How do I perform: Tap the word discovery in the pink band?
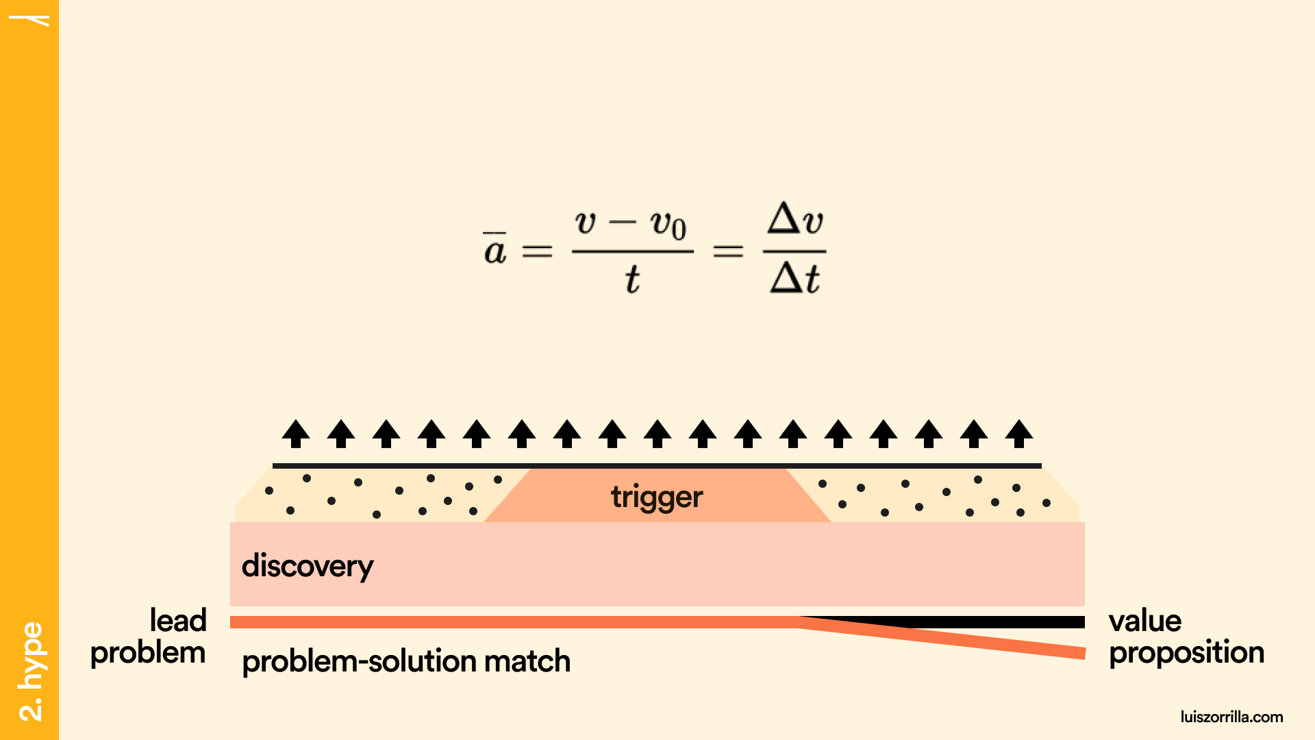[x=308, y=567]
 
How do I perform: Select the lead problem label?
[x=149, y=637]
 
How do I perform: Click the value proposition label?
[x=1186, y=637]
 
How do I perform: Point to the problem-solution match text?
[x=406, y=661]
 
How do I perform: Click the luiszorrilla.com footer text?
[x=1231, y=717]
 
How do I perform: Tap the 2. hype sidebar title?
[x=31, y=671]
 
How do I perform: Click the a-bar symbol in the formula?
[x=494, y=249]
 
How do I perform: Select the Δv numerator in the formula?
[x=794, y=220]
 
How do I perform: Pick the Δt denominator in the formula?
[x=794, y=279]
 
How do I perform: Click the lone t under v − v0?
[x=631, y=280]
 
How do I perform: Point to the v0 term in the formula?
[x=668, y=225]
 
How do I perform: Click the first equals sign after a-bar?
[x=537, y=251]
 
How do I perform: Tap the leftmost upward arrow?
[x=296, y=434]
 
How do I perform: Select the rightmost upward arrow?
[x=1019, y=434]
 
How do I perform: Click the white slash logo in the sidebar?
[x=31, y=20]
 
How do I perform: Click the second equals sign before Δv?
[x=728, y=251]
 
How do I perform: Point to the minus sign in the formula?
[x=622, y=222]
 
